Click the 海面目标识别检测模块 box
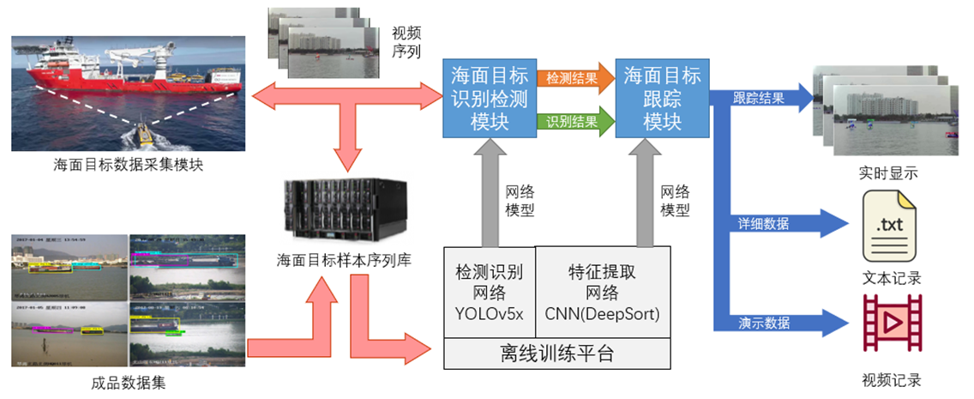pos(490,97)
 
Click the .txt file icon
pos(891,227)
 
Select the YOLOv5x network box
pos(489,293)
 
